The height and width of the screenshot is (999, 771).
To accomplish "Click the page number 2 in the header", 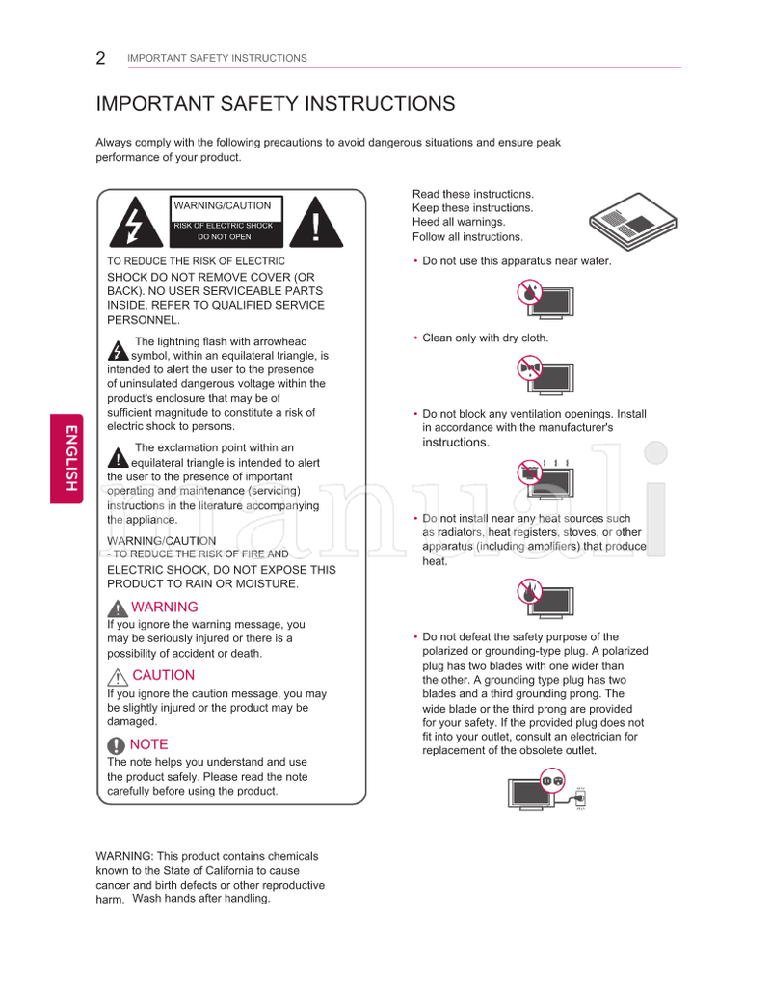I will [100, 58].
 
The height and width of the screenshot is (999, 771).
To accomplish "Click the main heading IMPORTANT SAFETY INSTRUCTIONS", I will [275, 104].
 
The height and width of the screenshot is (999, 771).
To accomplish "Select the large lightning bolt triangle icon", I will [132, 224].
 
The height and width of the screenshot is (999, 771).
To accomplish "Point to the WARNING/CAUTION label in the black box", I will [223, 206].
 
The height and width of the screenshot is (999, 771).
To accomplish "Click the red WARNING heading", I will [165, 607].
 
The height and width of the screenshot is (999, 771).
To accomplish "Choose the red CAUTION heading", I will [164, 675].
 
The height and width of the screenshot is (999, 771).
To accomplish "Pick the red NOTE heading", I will [148, 744].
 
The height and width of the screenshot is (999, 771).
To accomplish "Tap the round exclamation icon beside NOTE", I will [117, 745].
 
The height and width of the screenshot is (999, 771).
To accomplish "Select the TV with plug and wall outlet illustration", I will [546, 792].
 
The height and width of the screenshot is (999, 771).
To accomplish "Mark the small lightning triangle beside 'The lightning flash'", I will [118, 349].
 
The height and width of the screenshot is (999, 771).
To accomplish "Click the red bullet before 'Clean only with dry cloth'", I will [415, 337].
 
